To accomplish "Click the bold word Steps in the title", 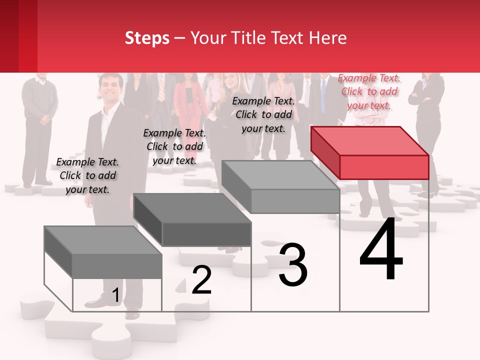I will pyautogui.click(x=147, y=38).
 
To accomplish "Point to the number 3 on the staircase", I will pyautogui.click(x=293, y=265).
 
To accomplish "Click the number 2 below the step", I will pyautogui.click(x=202, y=280).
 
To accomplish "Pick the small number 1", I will pyautogui.click(x=115, y=295).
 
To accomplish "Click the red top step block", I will pyautogui.click(x=370, y=152).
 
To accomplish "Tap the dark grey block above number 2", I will pyautogui.click(x=192, y=219).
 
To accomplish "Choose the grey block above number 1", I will pyautogui.click(x=103, y=252).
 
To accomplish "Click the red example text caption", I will pyautogui.click(x=369, y=91).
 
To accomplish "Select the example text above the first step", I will pyautogui.click(x=87, y=175).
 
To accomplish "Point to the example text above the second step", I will pyautogui.click(x=174, y=146).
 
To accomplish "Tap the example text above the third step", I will pyautogui.click(x=263, y=114).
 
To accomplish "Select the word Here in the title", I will pyautogui.click(x=328, y=38).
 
